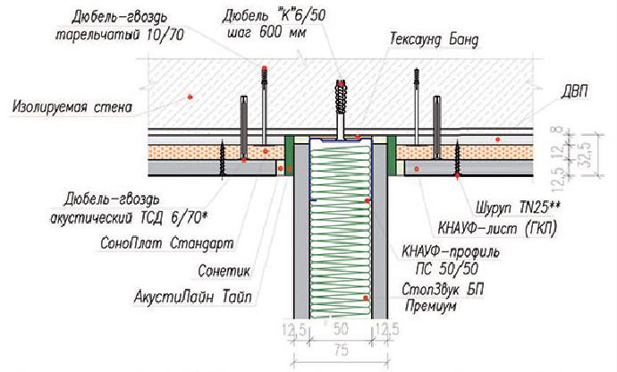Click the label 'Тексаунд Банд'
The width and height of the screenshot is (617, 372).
435,40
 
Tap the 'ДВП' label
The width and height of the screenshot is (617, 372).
575,92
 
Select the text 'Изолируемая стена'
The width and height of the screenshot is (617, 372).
72,107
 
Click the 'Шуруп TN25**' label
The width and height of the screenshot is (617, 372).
518,207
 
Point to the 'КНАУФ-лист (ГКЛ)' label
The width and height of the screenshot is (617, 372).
497,228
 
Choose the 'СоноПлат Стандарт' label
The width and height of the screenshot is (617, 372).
167,243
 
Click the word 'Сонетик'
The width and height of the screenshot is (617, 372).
224,270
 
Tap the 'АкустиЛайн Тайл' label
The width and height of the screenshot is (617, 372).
193,296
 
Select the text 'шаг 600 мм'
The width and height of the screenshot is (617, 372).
266,33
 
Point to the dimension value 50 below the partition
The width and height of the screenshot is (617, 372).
341,329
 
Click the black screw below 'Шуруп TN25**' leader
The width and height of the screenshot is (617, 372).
457,158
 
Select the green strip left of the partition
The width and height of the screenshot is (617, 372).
289,155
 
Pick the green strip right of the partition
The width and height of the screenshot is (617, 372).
392,155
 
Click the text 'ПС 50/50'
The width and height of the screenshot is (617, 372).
447,269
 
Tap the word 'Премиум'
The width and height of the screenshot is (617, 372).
431,306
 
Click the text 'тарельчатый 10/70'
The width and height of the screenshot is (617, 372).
119,35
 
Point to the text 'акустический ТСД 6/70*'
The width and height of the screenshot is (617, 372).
129,217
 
